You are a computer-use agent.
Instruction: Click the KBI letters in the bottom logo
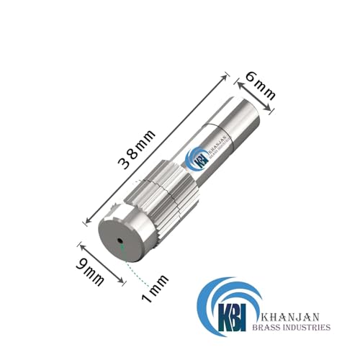pos(231,315)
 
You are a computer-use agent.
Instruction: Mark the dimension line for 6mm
pos(256,93)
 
